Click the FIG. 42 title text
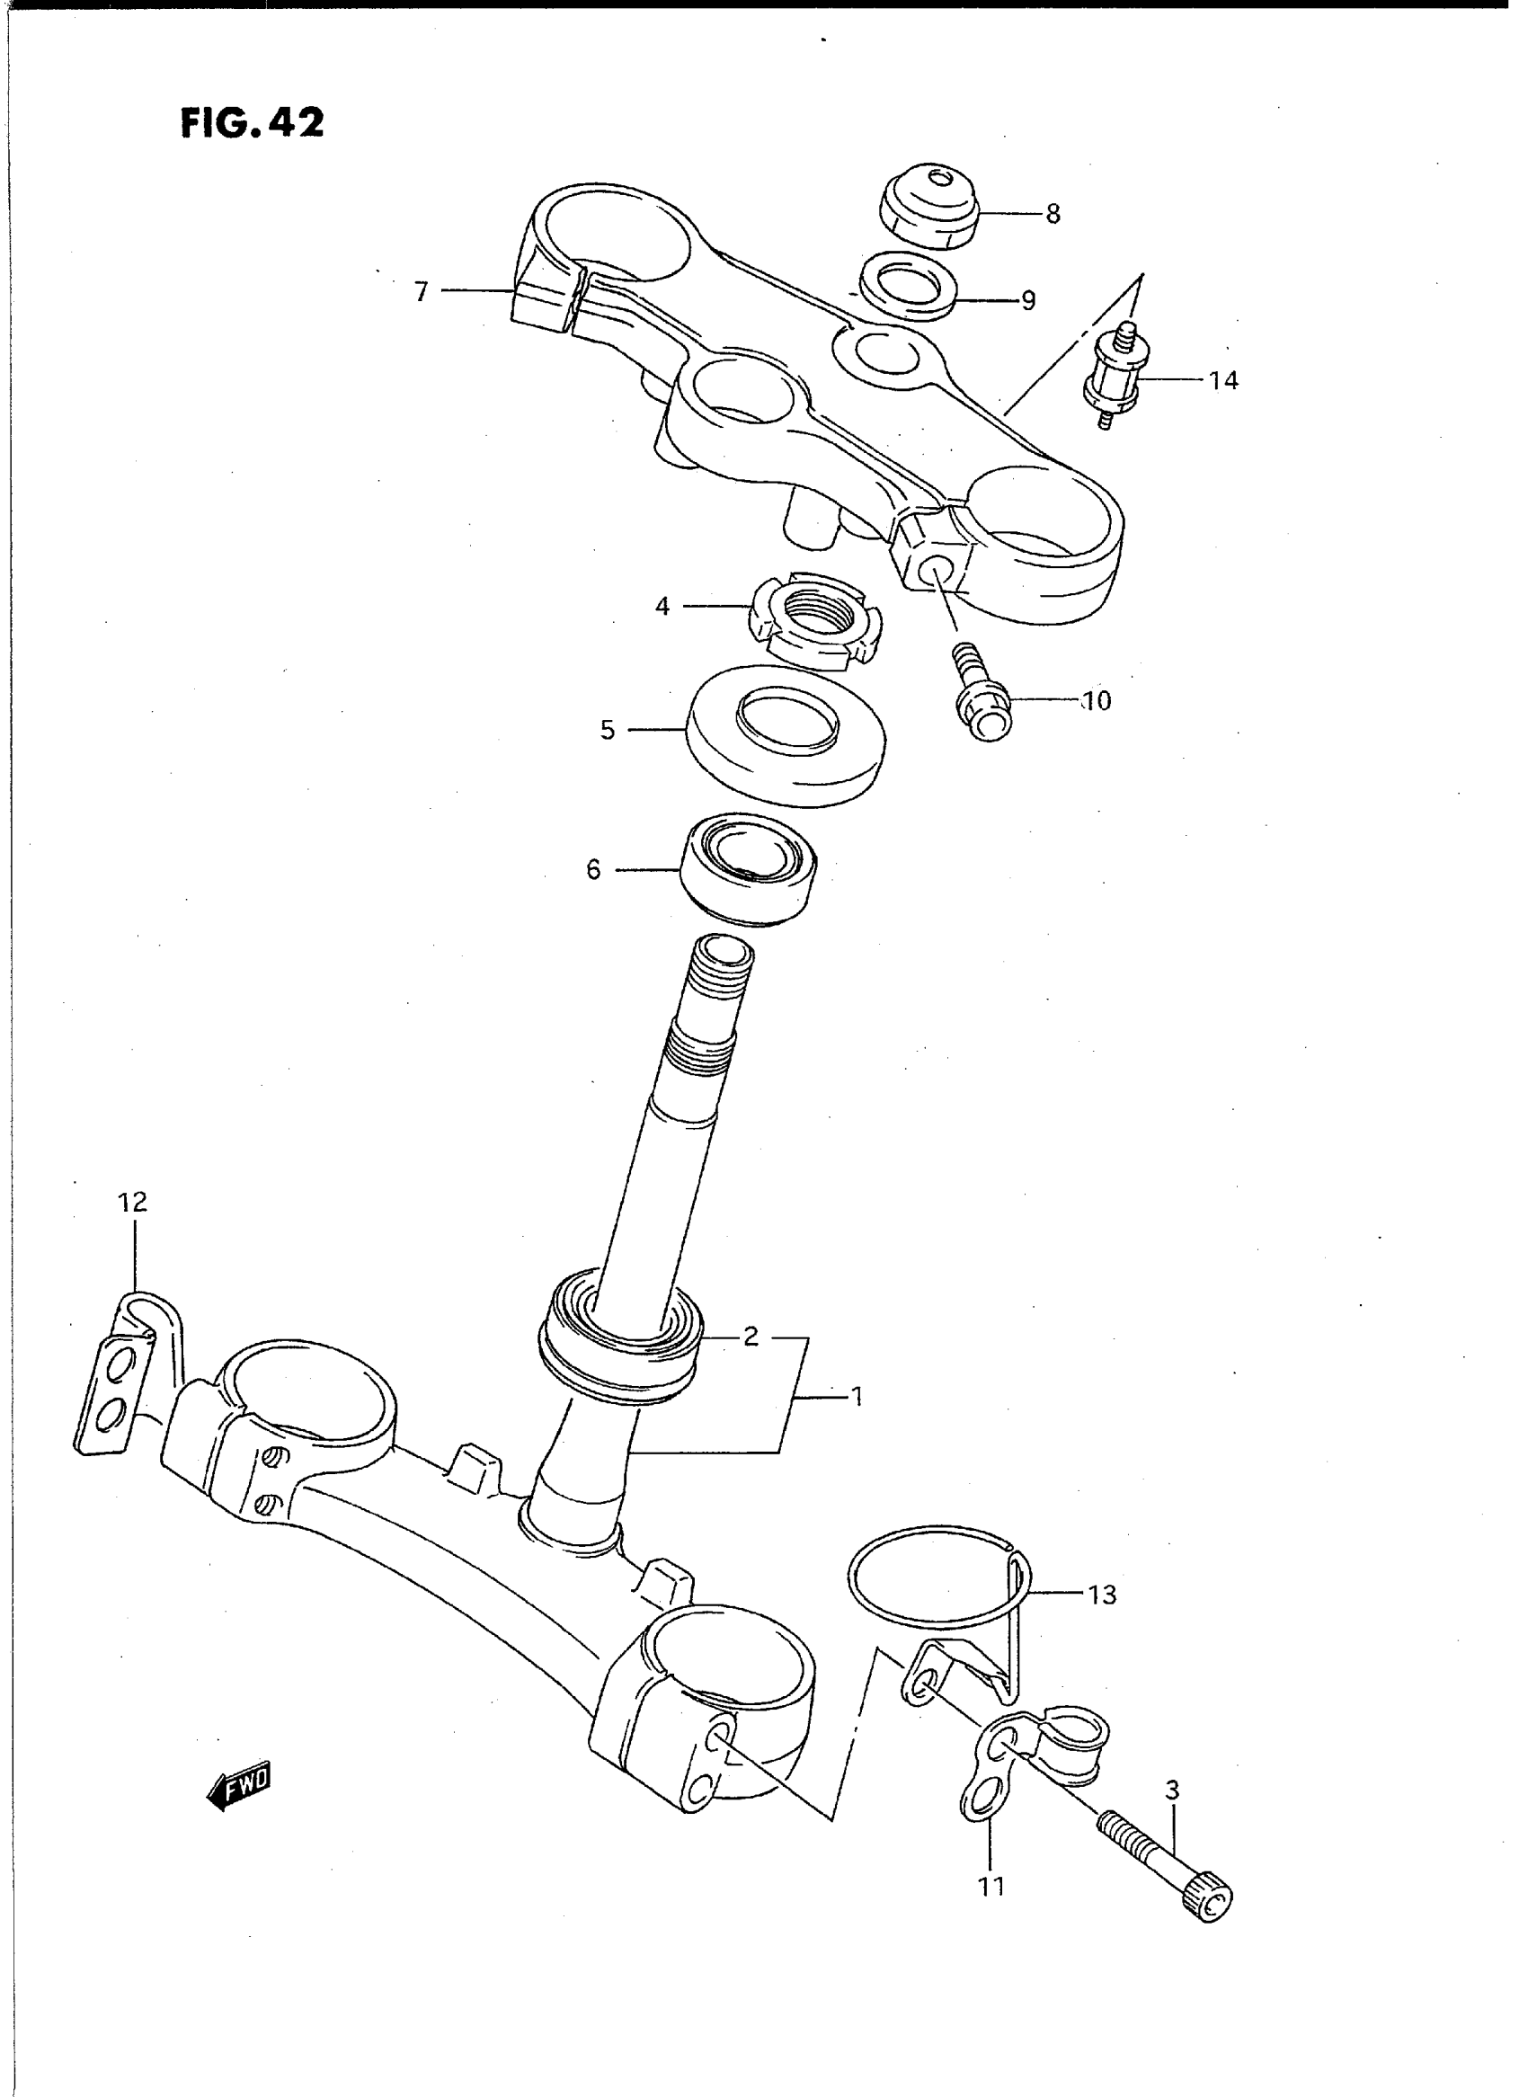(x=252, y=123)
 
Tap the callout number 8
(x=1053, y=215)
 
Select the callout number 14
(x=1222, y=380)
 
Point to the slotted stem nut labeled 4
(x=814, y=620)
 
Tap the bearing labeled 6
(x=750, y=867)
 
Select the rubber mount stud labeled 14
(x=1119, y=375)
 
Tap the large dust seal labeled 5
(x=785, y=735)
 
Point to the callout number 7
(x=422, y=292)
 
